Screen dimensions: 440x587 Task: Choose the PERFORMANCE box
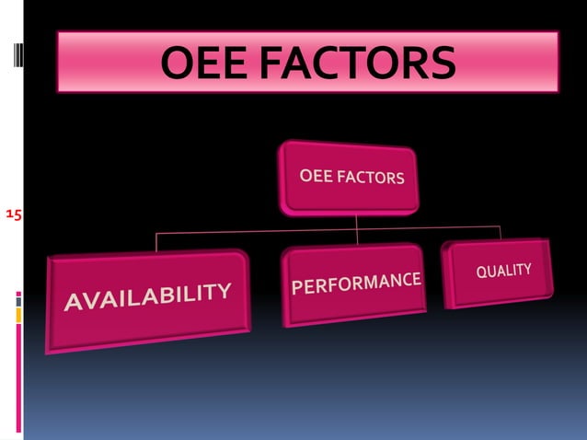pos(355,284)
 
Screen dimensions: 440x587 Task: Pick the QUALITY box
pos(501,272)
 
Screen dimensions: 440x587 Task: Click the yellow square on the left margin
pos(17,315)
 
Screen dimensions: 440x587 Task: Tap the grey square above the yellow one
pos(17,299)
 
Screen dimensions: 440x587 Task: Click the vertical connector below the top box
pos(356,222)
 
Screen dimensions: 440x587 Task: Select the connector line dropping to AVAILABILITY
pos(156,241)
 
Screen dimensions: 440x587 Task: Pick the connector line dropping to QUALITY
pos(500,231)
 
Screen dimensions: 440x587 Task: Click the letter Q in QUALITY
pos(480,275)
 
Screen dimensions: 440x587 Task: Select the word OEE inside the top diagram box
pos(316,173)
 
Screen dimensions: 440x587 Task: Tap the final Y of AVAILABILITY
pos(224,291)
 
